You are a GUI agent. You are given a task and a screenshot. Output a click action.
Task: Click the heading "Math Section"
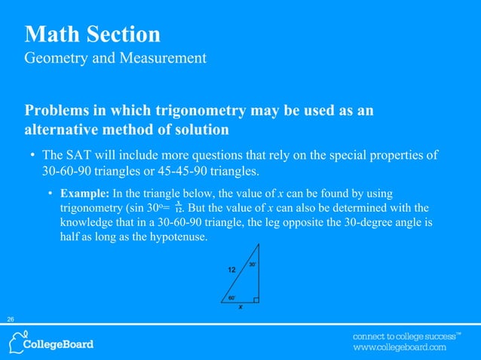point(92,34)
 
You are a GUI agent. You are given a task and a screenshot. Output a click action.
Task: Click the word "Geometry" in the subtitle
point(57,57)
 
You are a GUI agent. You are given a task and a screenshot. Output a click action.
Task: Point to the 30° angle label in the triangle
point(253,264)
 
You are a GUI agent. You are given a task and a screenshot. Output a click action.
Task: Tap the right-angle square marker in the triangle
point(256,301)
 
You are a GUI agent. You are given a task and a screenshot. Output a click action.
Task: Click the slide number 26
point(11,320)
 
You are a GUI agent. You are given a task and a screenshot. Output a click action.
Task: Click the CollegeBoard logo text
point(60,344)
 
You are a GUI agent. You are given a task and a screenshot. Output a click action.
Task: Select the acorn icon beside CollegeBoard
point(15,343)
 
